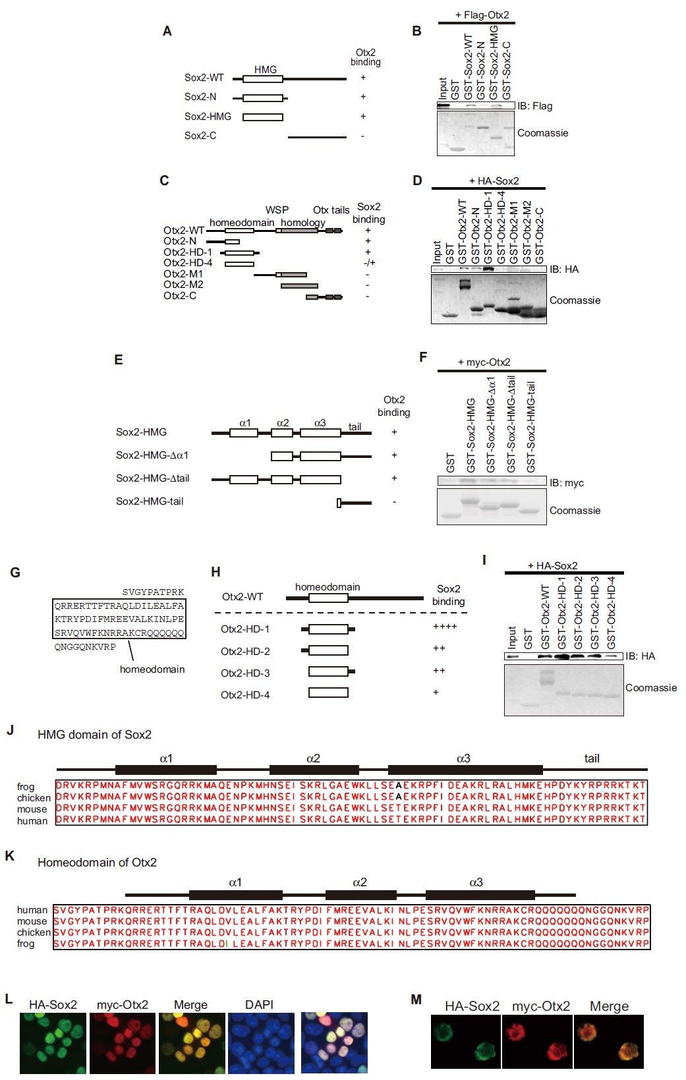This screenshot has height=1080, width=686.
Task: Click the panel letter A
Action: (x=167, y=31)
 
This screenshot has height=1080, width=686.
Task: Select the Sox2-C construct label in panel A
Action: (x=200, y=136)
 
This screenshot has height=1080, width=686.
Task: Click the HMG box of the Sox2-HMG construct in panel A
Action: (x=262, y=117)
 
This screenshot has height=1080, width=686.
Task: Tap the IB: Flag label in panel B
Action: (x=534, y=106)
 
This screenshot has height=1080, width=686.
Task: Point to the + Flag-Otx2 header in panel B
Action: (x=482, y=15)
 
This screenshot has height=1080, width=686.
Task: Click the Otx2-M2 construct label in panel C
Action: (x=183, y=285)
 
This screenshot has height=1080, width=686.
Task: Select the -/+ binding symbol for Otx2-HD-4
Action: (x=369, y=263)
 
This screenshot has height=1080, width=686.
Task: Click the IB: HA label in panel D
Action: (x=564, y=269)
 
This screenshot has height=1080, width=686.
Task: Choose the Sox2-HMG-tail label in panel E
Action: (x=150, y=501)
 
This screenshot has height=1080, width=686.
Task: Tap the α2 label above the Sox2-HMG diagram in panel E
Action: (x=283, y=423)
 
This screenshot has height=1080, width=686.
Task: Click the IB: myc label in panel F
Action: (x=566, y=483)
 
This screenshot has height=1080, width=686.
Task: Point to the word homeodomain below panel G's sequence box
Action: (x=152, y=669)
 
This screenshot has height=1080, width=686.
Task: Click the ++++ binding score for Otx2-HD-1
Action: (x=445, y=627)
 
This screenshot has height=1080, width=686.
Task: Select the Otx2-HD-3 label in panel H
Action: (x=245, y=673)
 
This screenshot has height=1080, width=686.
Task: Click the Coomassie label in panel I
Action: (x=650, y=688)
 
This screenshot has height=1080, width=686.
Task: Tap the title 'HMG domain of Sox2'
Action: (x=94, y=735)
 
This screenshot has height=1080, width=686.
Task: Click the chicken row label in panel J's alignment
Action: (x=34, y=798)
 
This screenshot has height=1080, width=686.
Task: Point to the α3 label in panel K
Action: (x=476, y=882)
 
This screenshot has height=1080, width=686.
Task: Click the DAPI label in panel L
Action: (x=259, y=1005)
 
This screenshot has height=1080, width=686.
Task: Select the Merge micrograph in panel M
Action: (x=608, y=1041)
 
